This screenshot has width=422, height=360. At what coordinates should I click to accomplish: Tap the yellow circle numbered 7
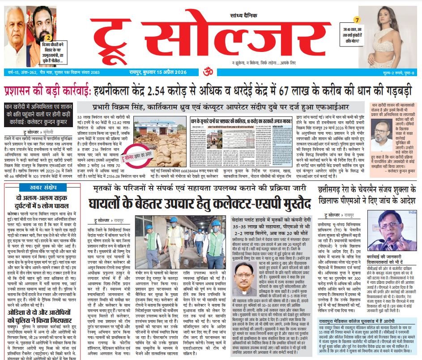click(357, 20)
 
